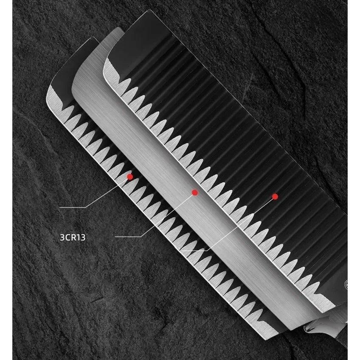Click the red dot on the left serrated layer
point(130,177)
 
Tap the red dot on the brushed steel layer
point(195,192)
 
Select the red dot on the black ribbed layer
point(275,197)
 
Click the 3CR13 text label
point(73,237)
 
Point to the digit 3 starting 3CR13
point(62,237)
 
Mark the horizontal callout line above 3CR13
point(73,207)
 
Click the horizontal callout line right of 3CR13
point(128,236)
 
